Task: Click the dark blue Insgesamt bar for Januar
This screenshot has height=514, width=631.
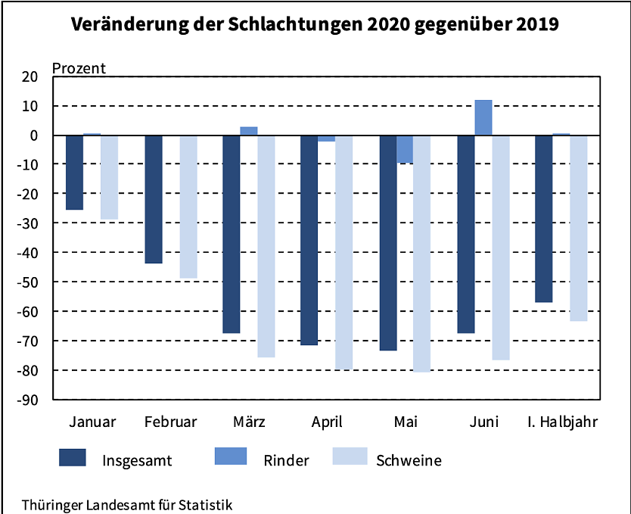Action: click(x=74, y=173)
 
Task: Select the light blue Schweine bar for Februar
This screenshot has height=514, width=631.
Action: click(x=188, y=207)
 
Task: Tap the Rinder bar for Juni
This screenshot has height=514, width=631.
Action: click(x=483, y=118)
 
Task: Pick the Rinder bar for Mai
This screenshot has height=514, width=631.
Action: click(x=405, y=149)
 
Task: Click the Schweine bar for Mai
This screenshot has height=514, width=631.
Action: click(x=421, y=254)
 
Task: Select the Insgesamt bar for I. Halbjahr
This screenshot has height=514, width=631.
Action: click(x=543, y=219)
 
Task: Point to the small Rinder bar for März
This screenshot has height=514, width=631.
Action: click(x=249, y=131)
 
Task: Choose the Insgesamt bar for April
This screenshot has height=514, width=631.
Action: click(x=309, y=240)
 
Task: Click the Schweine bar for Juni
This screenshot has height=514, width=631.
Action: click(x=500, y=248)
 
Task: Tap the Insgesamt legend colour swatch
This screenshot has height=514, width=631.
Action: click(x=73, y=457)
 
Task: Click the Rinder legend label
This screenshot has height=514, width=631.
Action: click(x=286, y=460)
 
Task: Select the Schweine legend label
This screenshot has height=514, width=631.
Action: click(x=409, y=460)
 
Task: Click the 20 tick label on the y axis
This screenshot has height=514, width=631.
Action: click(x=30, y=76)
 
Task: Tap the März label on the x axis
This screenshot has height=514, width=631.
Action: click(x=249, y=422)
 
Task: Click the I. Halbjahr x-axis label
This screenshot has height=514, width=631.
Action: click(x=562, y=422)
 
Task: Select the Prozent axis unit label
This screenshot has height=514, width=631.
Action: click(x=79, y=67)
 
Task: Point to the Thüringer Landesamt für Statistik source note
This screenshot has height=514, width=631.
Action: click(x=127, y=504)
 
